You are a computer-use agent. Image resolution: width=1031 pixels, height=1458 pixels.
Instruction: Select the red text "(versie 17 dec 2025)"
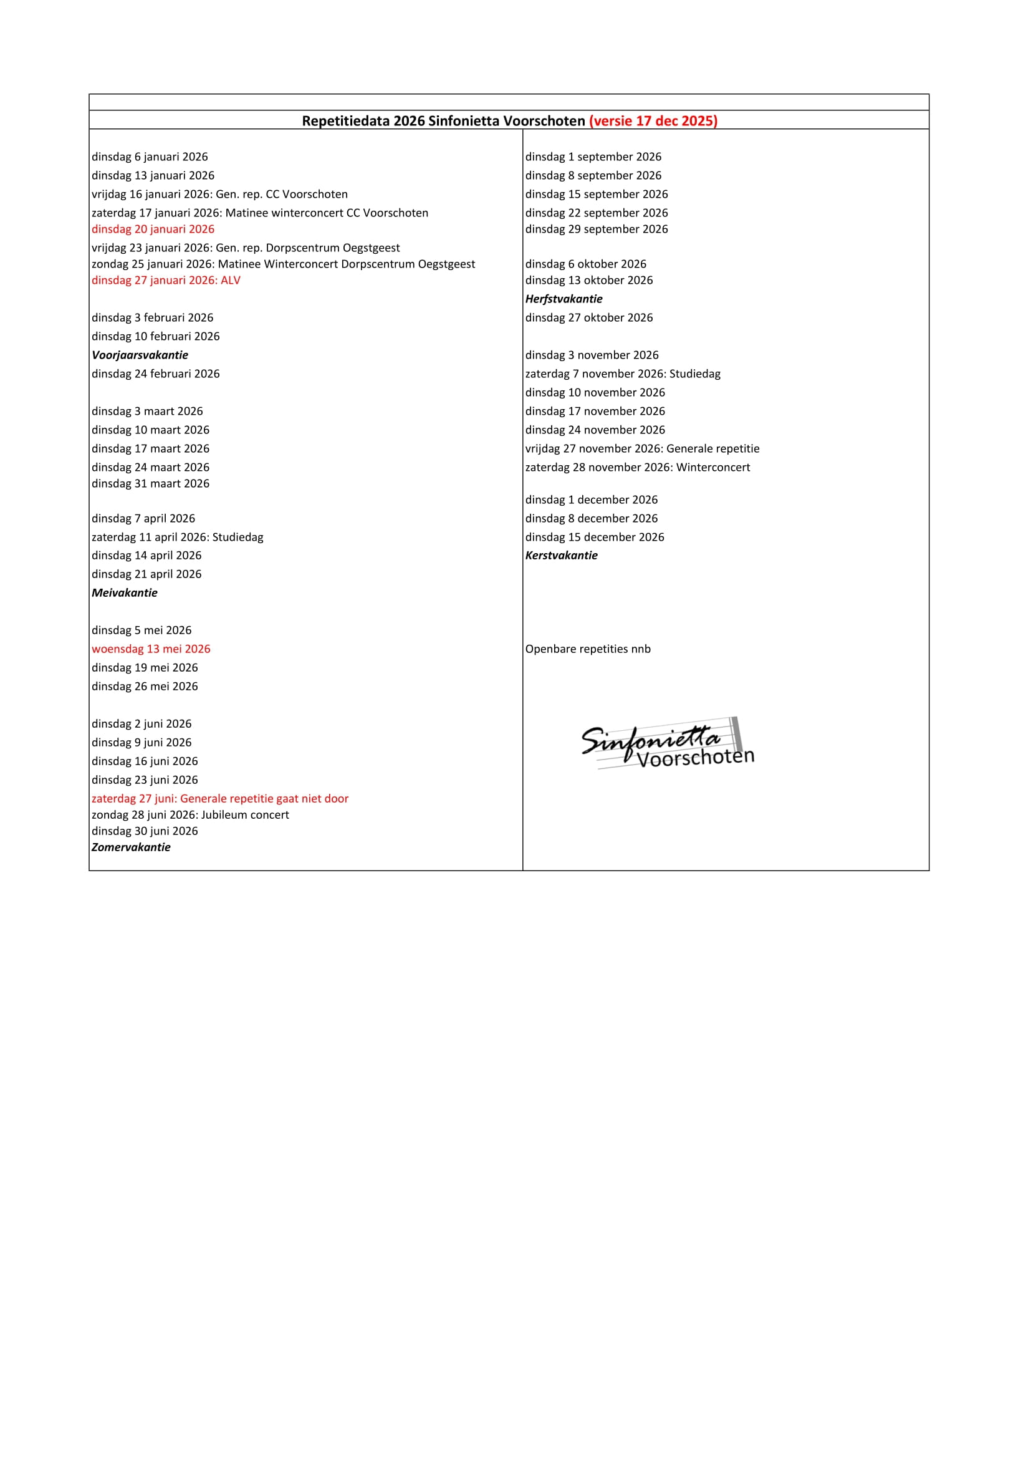653,120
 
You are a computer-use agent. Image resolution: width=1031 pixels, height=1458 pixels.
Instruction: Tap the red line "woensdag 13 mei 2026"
150,649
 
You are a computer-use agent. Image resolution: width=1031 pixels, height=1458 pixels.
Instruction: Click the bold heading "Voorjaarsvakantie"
140,355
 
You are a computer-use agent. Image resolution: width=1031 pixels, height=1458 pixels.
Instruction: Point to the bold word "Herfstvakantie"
563,299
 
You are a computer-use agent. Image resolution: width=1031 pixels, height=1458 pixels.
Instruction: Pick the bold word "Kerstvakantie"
561,555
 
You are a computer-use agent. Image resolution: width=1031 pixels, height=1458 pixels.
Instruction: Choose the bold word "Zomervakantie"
131,847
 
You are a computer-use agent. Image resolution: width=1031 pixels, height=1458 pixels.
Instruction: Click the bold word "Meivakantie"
125,592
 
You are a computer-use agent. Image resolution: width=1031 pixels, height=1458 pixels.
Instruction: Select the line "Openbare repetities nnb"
587,649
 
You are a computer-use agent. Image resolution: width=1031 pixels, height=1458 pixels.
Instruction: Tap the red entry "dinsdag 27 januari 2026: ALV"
166,280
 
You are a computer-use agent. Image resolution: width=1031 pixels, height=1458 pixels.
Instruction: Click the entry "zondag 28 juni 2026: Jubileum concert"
190,814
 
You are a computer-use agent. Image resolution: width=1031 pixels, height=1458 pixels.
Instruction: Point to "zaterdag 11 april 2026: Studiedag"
177,537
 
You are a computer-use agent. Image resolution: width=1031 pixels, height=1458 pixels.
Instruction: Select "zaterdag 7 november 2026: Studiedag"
622,374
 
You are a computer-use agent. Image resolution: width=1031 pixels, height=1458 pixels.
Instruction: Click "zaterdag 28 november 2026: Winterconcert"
638,467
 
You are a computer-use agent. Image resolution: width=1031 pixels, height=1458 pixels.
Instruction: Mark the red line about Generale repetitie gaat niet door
219,798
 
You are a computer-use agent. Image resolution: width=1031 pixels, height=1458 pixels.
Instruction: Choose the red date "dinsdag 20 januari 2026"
152,229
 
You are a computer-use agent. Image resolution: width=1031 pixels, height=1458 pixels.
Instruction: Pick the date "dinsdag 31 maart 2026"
150,483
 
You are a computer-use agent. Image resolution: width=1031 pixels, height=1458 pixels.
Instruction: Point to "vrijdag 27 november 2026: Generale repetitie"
642,448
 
